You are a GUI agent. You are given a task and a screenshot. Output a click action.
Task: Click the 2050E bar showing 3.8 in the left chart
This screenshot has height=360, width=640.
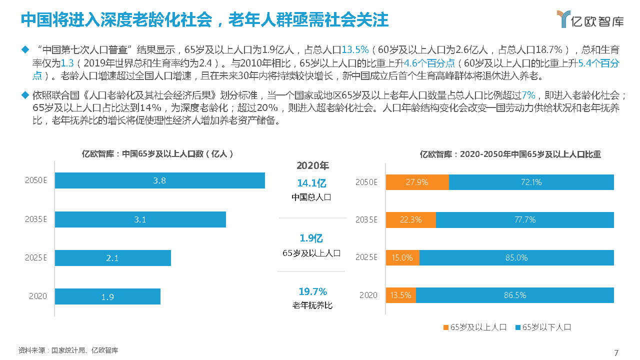pos(159,180)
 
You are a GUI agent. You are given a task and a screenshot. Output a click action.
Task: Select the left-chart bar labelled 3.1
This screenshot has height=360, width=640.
pos(140,219)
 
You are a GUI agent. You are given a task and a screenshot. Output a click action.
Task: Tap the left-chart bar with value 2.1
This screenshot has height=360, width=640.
pos(112,258)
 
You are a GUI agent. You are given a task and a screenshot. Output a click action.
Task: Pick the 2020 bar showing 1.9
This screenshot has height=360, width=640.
pos(107,296)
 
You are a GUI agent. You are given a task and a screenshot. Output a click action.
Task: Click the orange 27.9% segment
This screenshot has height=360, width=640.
pos(417,182)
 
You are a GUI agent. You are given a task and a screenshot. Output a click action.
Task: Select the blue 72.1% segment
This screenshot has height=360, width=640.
pos(531,182)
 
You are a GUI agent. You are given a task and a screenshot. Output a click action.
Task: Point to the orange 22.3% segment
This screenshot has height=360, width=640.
pos(410,219)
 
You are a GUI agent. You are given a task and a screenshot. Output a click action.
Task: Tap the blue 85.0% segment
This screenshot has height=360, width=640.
pos(516,257)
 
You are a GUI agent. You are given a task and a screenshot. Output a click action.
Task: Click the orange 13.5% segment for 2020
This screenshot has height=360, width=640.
pos(400,295)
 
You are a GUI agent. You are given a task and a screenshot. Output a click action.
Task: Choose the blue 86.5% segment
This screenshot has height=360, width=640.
pos(514,295)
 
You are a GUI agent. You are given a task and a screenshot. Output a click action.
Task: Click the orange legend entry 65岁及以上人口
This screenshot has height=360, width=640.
pos(475,327)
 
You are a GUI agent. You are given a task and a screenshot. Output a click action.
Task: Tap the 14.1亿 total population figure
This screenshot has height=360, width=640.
pos(311,183)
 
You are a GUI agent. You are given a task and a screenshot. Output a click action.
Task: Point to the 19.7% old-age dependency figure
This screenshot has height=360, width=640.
pos(312,291)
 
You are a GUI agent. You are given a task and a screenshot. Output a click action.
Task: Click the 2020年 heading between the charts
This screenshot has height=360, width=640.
pos(312,165)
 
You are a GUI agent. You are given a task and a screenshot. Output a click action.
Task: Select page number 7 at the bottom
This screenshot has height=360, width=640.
pos(616,352)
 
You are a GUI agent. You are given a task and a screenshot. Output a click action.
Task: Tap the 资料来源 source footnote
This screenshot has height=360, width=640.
pos(68,350)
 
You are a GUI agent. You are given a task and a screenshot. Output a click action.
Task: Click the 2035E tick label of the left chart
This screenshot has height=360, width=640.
pos(35,219)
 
